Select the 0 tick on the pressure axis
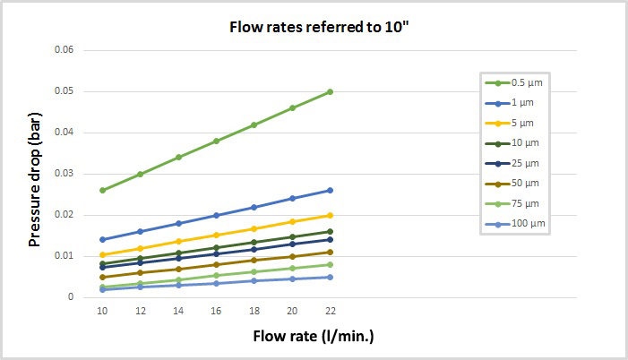(x=71, y=297)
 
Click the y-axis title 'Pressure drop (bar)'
(x=35, y=174)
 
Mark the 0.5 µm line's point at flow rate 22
(x=331, y=91)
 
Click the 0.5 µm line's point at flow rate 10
(x=102, y=190)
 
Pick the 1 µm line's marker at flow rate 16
(x=216, y=215)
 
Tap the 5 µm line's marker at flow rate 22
(x=331, y=215)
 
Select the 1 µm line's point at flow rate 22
(x=331, y=190)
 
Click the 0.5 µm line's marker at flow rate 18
(x=254, y=124)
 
